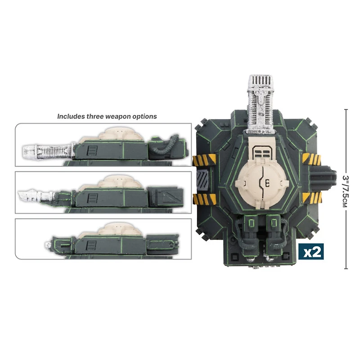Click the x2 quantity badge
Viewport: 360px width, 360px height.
pos(312,252)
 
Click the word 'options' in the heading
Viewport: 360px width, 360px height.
pos(145,116)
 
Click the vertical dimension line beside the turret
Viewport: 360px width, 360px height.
pos(346,189)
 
